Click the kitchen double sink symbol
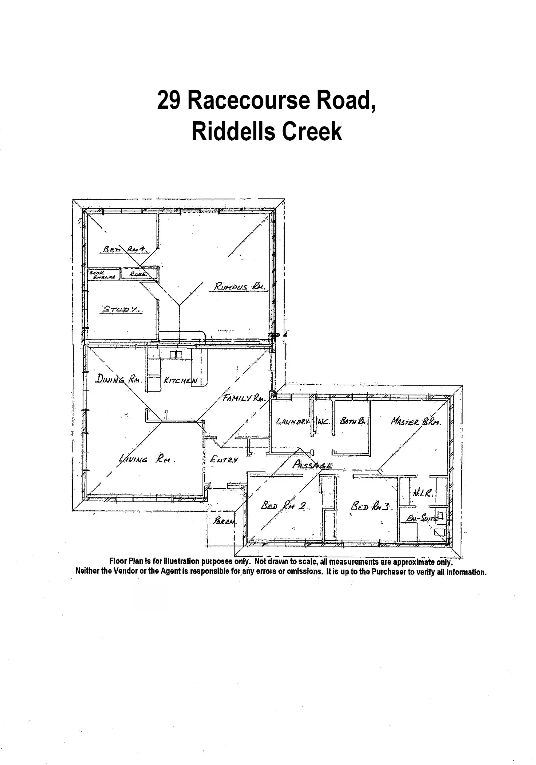click(x=176, y=354)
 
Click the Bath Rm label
click(x=352, y=421)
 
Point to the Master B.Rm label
click(x=416, y=422)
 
